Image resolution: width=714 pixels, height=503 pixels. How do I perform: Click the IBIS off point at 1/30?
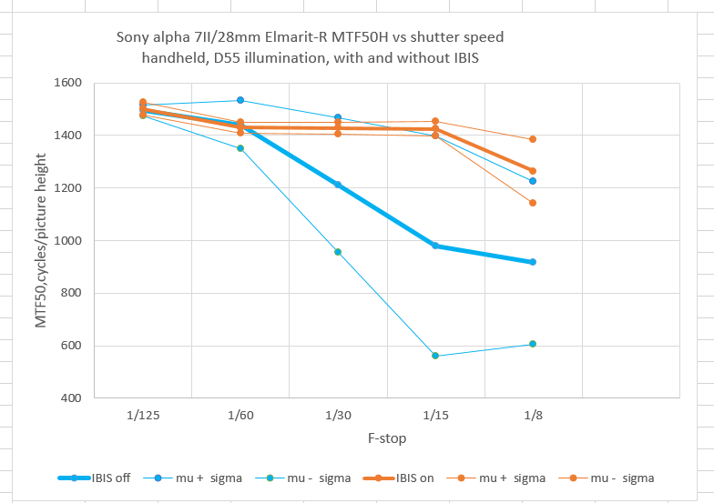coord(338,185)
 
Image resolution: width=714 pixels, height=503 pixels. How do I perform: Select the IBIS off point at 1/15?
coord(435,246)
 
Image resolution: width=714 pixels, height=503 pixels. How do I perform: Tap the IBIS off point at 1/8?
coord(533,262)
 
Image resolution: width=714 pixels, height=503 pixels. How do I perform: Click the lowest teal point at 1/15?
coord(435,356)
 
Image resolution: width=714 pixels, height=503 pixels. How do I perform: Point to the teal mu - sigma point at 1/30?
coord(338,252)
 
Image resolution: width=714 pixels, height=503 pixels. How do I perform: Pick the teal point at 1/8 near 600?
coord(533,344)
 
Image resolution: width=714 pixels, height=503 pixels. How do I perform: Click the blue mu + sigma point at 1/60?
coord(240,100)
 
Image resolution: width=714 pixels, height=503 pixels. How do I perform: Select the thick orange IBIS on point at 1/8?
coord(533,171)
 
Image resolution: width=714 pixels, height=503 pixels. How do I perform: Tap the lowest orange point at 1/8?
coord(533,203)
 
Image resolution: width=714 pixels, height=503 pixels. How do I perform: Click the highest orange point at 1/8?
coord(533,139)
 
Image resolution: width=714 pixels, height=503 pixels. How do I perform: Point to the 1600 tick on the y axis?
coord(69,83)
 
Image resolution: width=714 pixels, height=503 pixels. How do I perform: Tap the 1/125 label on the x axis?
coord(143,415)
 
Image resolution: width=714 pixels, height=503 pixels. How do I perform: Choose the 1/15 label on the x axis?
coord(435,415)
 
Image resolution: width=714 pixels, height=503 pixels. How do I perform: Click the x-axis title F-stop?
coord(386,438)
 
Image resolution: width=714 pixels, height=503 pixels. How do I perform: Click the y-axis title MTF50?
coord(41,273)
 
